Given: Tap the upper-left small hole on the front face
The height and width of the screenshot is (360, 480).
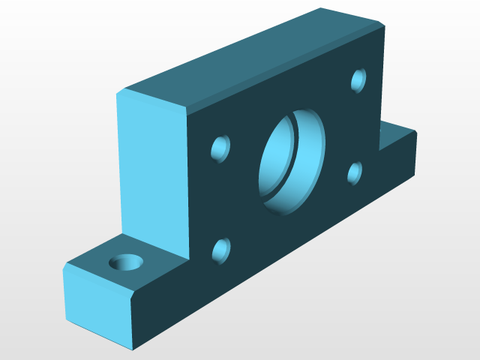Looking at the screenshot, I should [221, 148].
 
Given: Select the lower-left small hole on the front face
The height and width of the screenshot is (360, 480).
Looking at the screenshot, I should [221, 250].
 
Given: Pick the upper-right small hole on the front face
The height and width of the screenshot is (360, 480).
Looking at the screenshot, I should [359, 79].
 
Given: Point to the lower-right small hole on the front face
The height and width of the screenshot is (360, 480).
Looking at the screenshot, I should [355, 172].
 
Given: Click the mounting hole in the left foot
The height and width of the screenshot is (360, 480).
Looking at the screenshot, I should [126, 262].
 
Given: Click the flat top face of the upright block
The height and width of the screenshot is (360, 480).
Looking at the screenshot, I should [255, 60].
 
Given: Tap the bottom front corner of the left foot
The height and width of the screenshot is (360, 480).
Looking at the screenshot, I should [133, 349].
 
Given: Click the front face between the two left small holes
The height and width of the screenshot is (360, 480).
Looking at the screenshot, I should [221, 199].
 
